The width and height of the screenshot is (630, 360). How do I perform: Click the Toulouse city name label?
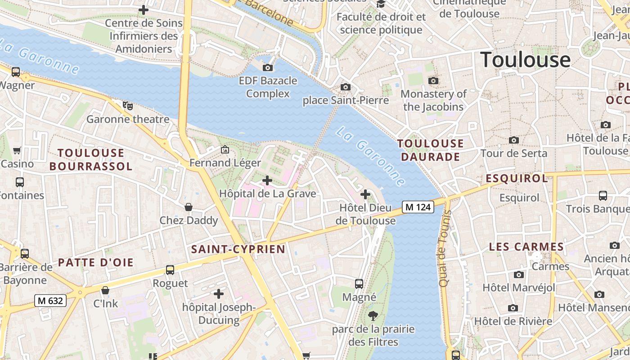[526, 60]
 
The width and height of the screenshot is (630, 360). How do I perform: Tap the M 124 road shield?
[418, 207]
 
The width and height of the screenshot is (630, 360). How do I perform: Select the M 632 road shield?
[50, 301]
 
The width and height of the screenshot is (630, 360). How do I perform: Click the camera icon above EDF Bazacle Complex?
[268, 68]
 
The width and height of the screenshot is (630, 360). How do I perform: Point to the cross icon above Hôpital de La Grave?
[267, 180]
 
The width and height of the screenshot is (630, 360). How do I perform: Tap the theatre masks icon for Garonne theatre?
[128, 106]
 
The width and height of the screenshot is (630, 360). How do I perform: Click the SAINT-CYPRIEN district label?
[238, 249]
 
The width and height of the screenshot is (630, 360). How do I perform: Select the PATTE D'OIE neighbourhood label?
[96, 262]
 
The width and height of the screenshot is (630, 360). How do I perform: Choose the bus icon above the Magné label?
[359, 283]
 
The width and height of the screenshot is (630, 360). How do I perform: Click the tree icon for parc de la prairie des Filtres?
[373, 315]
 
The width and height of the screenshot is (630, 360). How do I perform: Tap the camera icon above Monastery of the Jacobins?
[433, 81]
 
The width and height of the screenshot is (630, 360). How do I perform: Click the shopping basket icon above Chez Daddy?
[189, 207]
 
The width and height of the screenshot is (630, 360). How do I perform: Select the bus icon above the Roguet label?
[170, 270]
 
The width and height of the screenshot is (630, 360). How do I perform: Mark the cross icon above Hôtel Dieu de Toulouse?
[365, 194]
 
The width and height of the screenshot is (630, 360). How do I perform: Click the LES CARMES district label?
[526, 247]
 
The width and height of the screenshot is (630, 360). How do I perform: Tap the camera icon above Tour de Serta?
[513, 140]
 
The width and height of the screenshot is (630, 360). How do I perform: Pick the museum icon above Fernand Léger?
[225, 149]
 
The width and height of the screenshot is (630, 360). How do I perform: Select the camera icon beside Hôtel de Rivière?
[513, 308]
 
